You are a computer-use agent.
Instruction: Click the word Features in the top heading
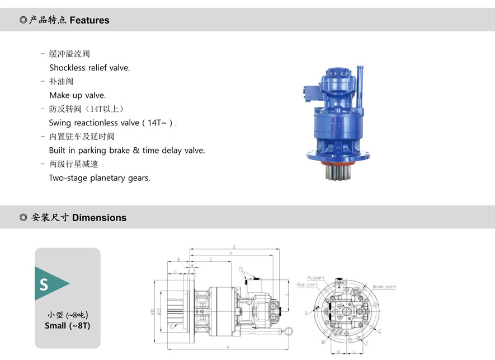[x=89, y=20]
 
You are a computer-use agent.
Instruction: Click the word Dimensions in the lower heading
[x=99, y=218]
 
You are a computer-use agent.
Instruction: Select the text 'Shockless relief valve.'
[x=89, y=68]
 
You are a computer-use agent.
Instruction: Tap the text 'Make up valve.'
[x=77, y=95]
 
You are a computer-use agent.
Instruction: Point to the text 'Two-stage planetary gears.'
[x=100, y=178]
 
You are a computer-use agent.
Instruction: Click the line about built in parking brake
[x=127, y=150]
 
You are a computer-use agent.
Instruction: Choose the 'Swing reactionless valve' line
[x=112, y=123]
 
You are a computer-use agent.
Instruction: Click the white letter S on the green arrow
[x=44, y=284]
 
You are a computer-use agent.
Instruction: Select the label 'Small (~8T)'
[x=67, y=325]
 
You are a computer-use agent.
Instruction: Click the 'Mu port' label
[x=315, y=278]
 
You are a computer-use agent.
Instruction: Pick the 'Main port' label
[x=307, y=285]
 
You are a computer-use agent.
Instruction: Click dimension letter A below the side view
[x=228, y=348]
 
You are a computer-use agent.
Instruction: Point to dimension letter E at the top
[x=234, y=247]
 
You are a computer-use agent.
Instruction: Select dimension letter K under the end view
[x=339, y=352]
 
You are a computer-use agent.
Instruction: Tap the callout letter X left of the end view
[x=307, y=311]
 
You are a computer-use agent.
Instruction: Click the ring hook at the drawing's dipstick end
[x=288, y=331]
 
